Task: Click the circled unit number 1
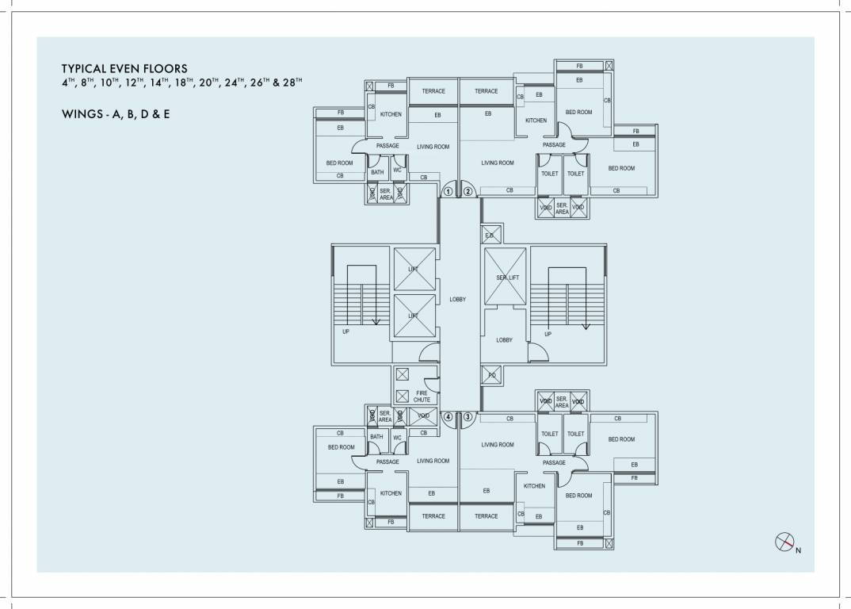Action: (x=448, y=191)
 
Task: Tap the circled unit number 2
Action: (x=468, y=191)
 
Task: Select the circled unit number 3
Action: (x=468, y=416)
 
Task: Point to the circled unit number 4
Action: (x=448, y=416)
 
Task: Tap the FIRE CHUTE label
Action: (x=422, y=396)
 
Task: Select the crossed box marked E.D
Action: (x=490, y=235)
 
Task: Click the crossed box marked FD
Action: (x=491, y=375)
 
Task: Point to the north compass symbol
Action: (x=784, y=542)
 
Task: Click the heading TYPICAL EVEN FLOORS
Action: (x=124, y=69)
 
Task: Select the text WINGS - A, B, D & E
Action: (x=116, y=114)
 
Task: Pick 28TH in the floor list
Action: (x=288, y=82)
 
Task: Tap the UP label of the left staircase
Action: (x=345, y=331)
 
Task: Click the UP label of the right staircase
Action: (x=548, y=334)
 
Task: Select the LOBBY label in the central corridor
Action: (x=457, y=299)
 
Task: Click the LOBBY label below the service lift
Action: (x=504, y=339)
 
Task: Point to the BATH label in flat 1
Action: (x=377, y=172)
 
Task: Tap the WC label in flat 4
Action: (x=398, y=437)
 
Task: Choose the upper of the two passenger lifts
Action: (x=414, y=270)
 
